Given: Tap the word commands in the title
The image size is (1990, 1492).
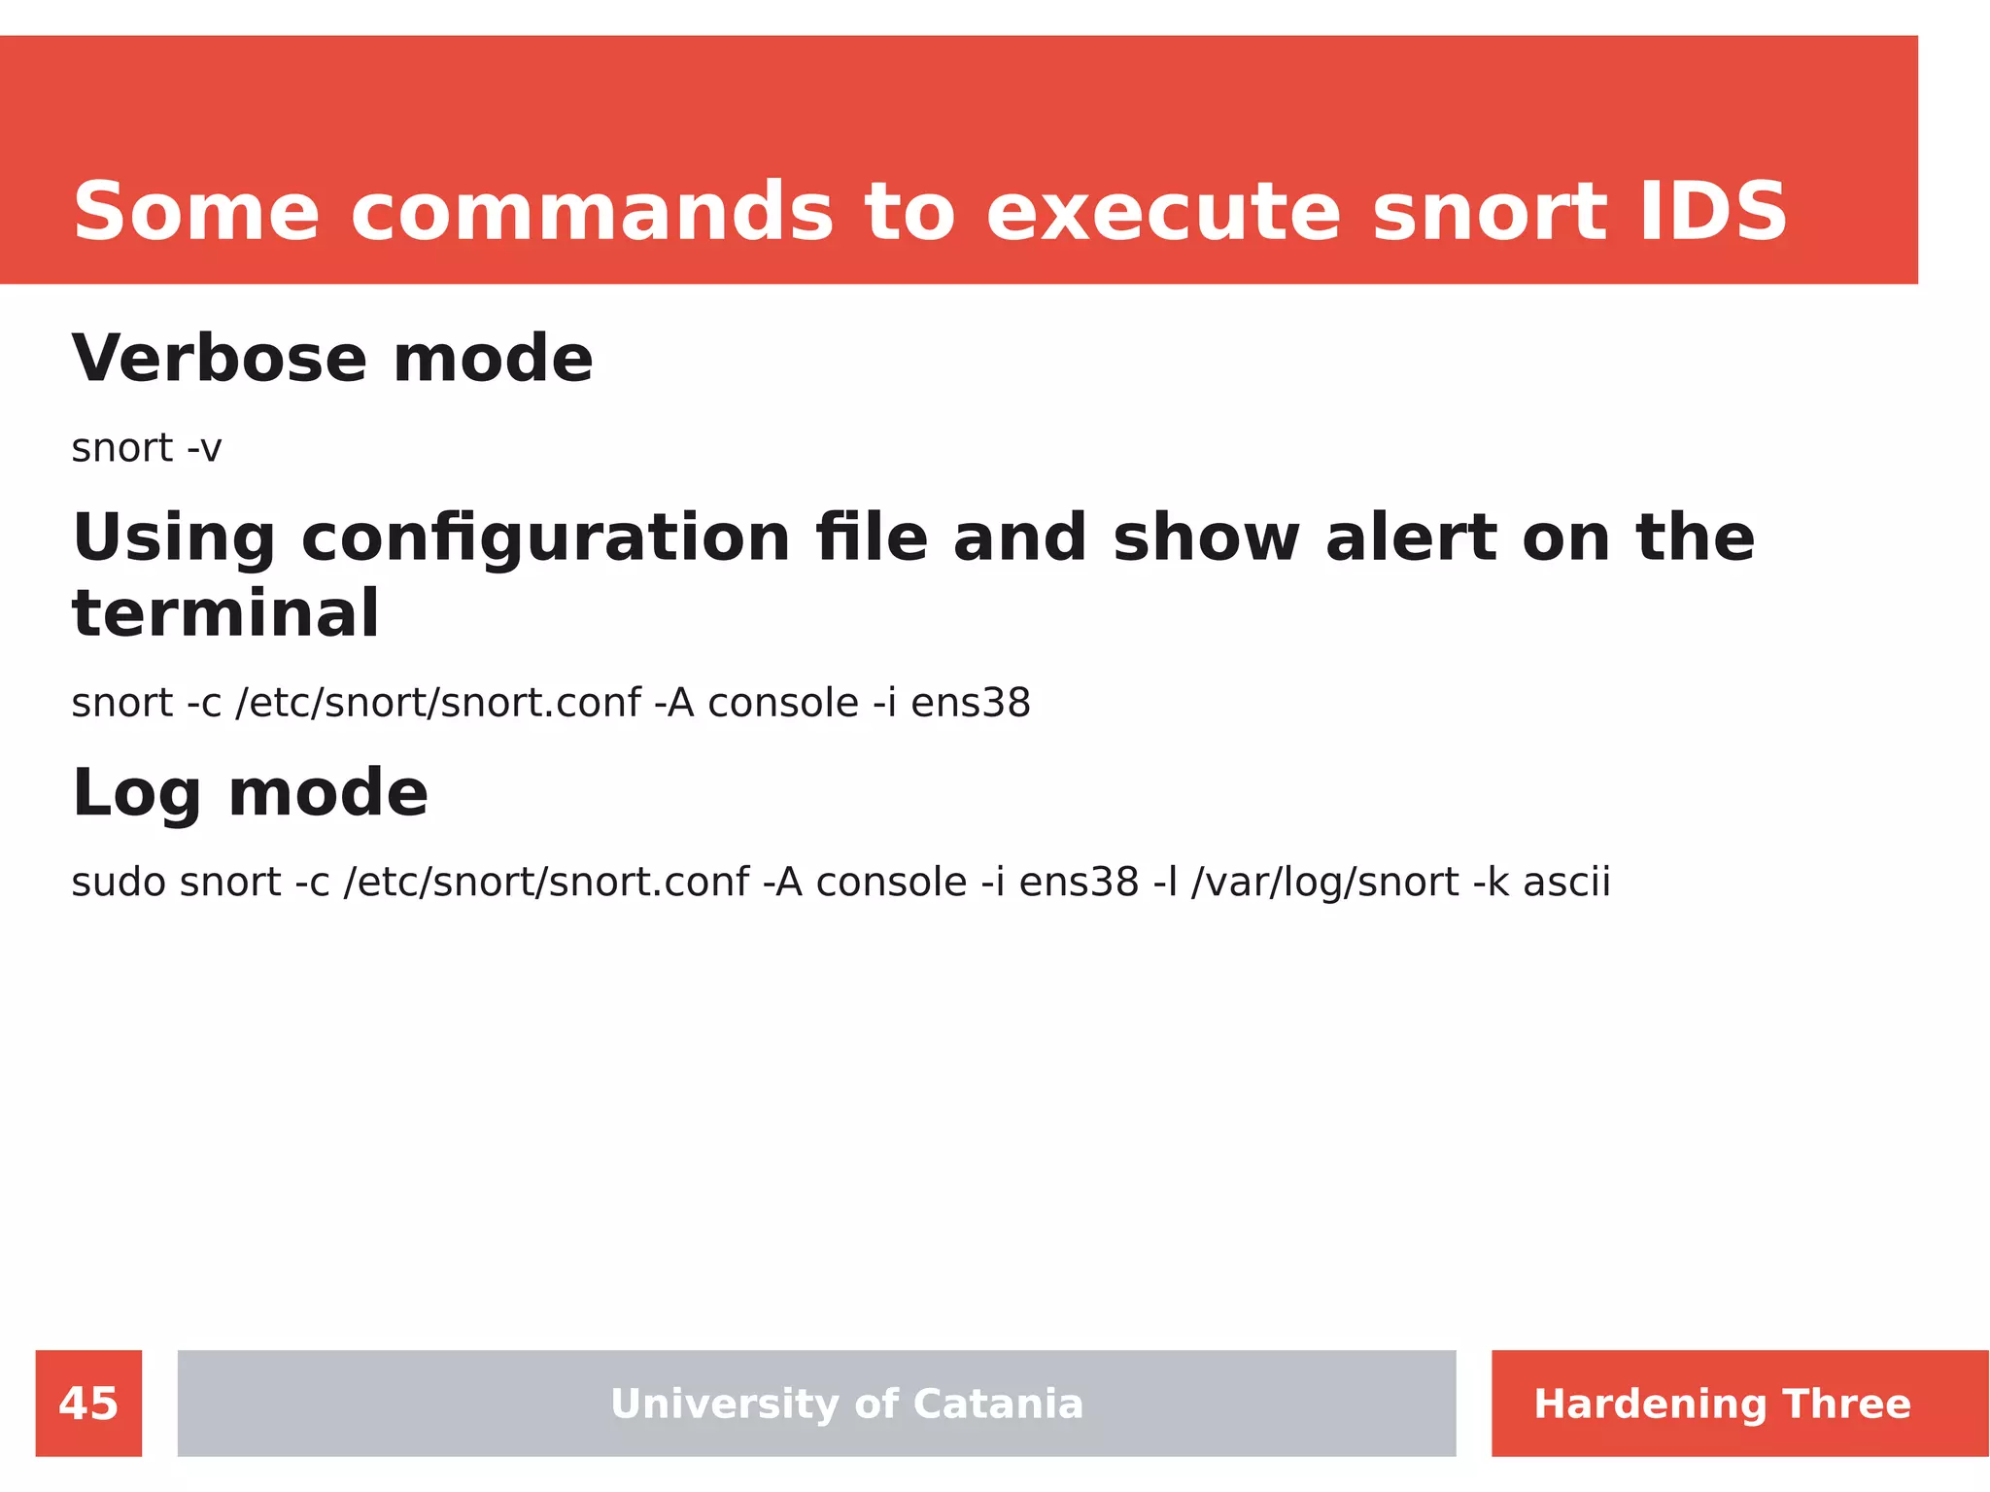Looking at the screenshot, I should [592, 212].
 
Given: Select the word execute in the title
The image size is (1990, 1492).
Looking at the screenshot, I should [1163, 212].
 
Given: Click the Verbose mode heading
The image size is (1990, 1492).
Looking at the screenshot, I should [332, 359].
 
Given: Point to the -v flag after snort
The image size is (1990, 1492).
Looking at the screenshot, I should [204, 449].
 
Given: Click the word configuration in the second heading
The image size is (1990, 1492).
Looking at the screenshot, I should [546, 538].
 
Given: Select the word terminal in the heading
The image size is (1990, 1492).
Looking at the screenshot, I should [225, 614].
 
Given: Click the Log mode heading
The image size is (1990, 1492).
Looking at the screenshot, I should [250, 793].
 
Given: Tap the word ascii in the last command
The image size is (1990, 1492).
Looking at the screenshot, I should [1566, 883].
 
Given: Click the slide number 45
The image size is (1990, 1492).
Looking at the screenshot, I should [88, 1404].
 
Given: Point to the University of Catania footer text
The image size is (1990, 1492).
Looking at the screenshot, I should [846, 1404].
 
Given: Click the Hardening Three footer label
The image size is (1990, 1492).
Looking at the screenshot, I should [1722, 1404].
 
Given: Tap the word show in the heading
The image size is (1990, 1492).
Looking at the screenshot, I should [1206, 538].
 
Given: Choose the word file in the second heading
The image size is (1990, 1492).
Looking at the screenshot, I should [872, 538].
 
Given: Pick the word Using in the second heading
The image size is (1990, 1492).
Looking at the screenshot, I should [174, 539].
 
